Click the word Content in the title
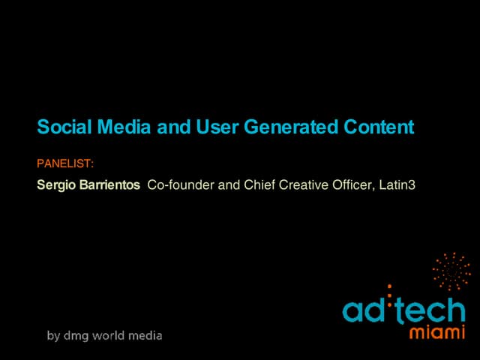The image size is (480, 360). pos(379,127)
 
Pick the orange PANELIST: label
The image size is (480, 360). pos(65,162)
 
